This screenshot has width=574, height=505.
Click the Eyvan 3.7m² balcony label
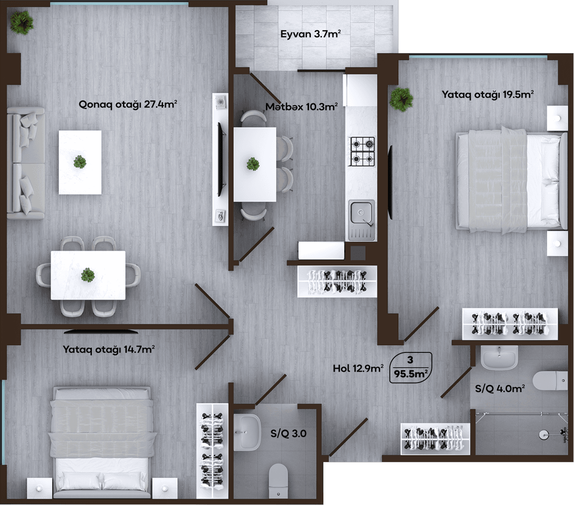point(310,34)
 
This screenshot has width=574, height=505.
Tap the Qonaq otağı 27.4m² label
point(128,105)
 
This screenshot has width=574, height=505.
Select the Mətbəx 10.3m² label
point(301,107)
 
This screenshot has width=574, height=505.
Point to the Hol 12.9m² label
point(358,368)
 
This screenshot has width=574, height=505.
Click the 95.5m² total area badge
point(410,367)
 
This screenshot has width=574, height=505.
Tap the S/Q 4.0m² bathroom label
point(500,388)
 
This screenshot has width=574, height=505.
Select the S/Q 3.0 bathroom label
point(288,434)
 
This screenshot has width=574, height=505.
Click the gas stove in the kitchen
point(363,152)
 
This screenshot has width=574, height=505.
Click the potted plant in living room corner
point(22,22)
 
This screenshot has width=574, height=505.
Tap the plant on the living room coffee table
point(80,162)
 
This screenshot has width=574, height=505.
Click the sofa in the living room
point(25,163)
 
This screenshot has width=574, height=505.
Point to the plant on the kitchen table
point(253,164)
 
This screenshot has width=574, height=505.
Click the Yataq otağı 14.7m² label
point(109,350)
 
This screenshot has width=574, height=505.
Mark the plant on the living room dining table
point(88,274)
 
